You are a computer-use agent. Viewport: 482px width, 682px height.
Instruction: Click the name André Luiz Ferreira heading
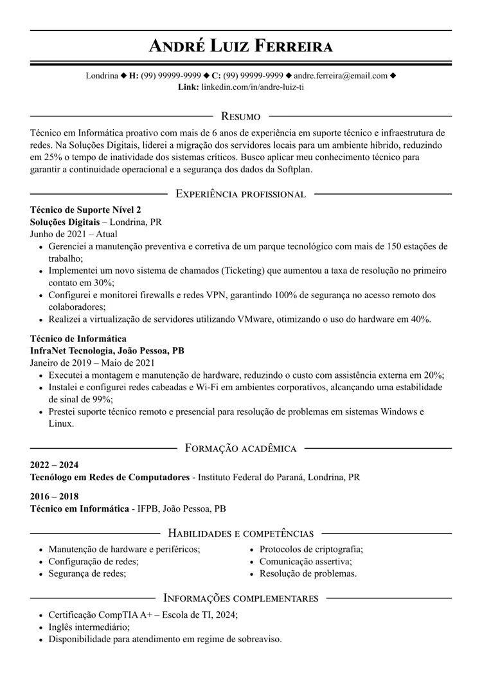point(241,46)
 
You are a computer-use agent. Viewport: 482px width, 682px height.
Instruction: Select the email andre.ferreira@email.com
point(341,76)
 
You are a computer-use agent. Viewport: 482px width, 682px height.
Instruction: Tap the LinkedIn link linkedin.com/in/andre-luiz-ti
point(253,87)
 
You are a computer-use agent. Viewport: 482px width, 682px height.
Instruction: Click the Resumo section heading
point(240,116)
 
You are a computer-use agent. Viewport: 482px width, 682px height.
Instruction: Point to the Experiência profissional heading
point(240,193)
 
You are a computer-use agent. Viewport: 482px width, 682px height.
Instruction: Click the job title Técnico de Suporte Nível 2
point(85,210)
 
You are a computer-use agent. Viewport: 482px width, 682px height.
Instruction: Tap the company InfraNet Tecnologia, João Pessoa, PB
point(107,351)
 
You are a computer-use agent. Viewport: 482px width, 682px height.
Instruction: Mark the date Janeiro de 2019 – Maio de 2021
point(93,363)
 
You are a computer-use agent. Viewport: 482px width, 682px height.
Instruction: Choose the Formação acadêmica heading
point(240,448)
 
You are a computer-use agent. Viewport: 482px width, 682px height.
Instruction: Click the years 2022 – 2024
point(54,465)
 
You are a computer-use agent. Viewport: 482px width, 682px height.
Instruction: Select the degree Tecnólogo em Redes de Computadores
point(110,478)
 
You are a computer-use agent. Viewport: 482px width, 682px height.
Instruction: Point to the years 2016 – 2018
point(54,496)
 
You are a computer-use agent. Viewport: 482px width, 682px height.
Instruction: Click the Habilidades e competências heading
point(240,533)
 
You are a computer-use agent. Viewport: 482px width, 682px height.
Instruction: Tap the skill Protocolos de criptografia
point(311,550)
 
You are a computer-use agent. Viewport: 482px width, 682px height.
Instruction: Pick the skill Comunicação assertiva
point(305,562)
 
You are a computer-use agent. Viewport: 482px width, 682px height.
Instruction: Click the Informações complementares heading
point(241,598)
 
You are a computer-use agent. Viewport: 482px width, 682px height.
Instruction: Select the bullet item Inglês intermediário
point(89,627)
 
